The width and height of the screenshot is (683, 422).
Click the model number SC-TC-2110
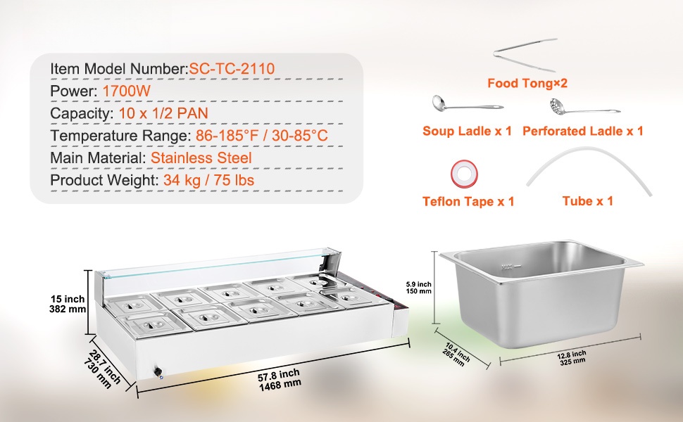point(232,68)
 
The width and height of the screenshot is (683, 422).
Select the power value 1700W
point(126,91)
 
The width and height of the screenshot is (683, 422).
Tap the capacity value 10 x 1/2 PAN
point(163,113)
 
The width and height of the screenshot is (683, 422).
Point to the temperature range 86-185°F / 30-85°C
point(261,135)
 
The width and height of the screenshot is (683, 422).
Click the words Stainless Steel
point(201,158)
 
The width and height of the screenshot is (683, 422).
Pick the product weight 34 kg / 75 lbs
point(208,180)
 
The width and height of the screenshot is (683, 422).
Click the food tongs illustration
point(525,55)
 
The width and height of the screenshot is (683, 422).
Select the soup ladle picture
point(468,104)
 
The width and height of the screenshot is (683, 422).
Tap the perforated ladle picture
point(584,107)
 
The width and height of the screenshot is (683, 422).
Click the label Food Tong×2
point(527,83)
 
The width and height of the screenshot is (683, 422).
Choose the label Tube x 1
point(588,201)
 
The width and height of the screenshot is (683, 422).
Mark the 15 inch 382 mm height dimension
point(68,304)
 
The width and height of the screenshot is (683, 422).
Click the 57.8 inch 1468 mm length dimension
point(279,379)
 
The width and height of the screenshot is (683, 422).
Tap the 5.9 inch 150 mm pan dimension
point(418,288)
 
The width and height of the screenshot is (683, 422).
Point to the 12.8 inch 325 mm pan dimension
point(572,357)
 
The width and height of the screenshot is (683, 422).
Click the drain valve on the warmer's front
point(158,372)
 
